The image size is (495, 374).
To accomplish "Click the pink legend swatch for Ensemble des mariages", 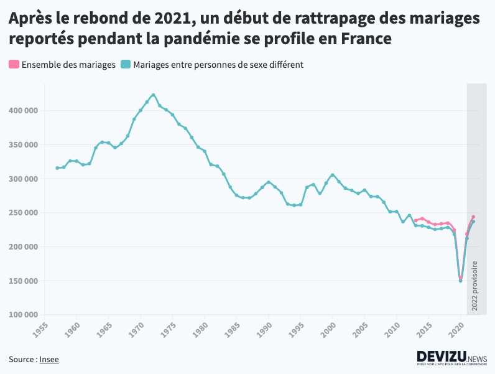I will point(14,64).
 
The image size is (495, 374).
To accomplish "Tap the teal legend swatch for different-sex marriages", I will point(126,64).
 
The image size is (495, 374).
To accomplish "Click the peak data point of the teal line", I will point(153,95).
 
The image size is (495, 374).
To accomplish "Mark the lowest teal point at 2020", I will point(461,281).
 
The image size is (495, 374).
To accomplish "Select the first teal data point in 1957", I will point(57,168).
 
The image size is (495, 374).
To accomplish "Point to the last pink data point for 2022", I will point(473,217).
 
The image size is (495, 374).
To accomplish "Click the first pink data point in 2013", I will point(416,220).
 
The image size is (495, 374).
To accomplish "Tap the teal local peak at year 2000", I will point(333,175).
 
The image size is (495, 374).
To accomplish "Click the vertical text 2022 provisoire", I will point(475,286).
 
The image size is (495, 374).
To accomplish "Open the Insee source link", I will point(49,359).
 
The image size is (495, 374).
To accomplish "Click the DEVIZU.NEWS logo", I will point(451,358).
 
